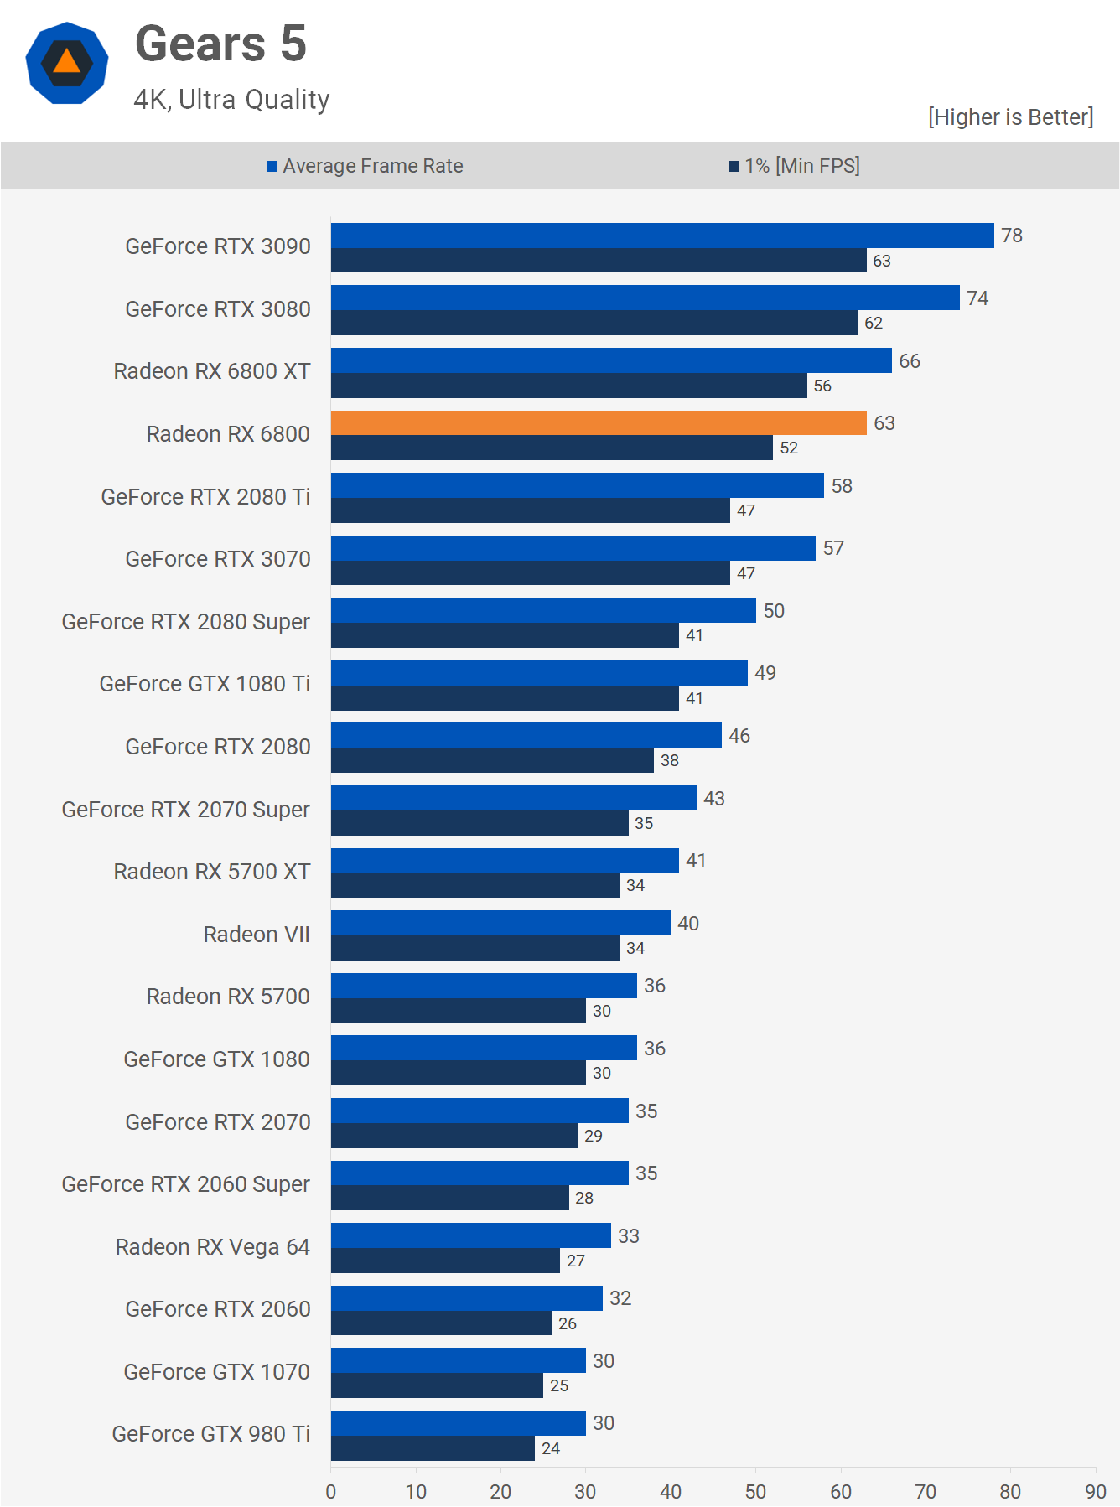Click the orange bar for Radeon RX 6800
(x=599, y=423)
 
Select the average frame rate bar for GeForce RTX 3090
(x=662, y=236)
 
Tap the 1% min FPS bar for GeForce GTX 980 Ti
(x=433, y=1448)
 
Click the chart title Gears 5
(x=220, y=44)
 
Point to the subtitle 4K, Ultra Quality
(x=231, y=100)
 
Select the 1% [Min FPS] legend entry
(x=794, y=166)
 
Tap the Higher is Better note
(x=1010, y=117)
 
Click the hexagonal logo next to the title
(x=67, y=63)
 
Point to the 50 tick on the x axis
(x=755, y=1491)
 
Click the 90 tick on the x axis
(x=1095, y=1491)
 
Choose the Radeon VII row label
(x=257, y=935)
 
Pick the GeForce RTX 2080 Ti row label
(x=205, y=497)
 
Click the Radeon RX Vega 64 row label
(x=212, y=1247)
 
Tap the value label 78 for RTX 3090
(x=1012, y=236)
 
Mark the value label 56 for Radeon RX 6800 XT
(x=822, y=386)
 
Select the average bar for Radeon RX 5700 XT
(x=505, y=861)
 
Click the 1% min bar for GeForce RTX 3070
(x=530, y=573)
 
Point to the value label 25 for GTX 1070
(x=559, y=1385)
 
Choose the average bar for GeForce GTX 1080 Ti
(x=539, y=673)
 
